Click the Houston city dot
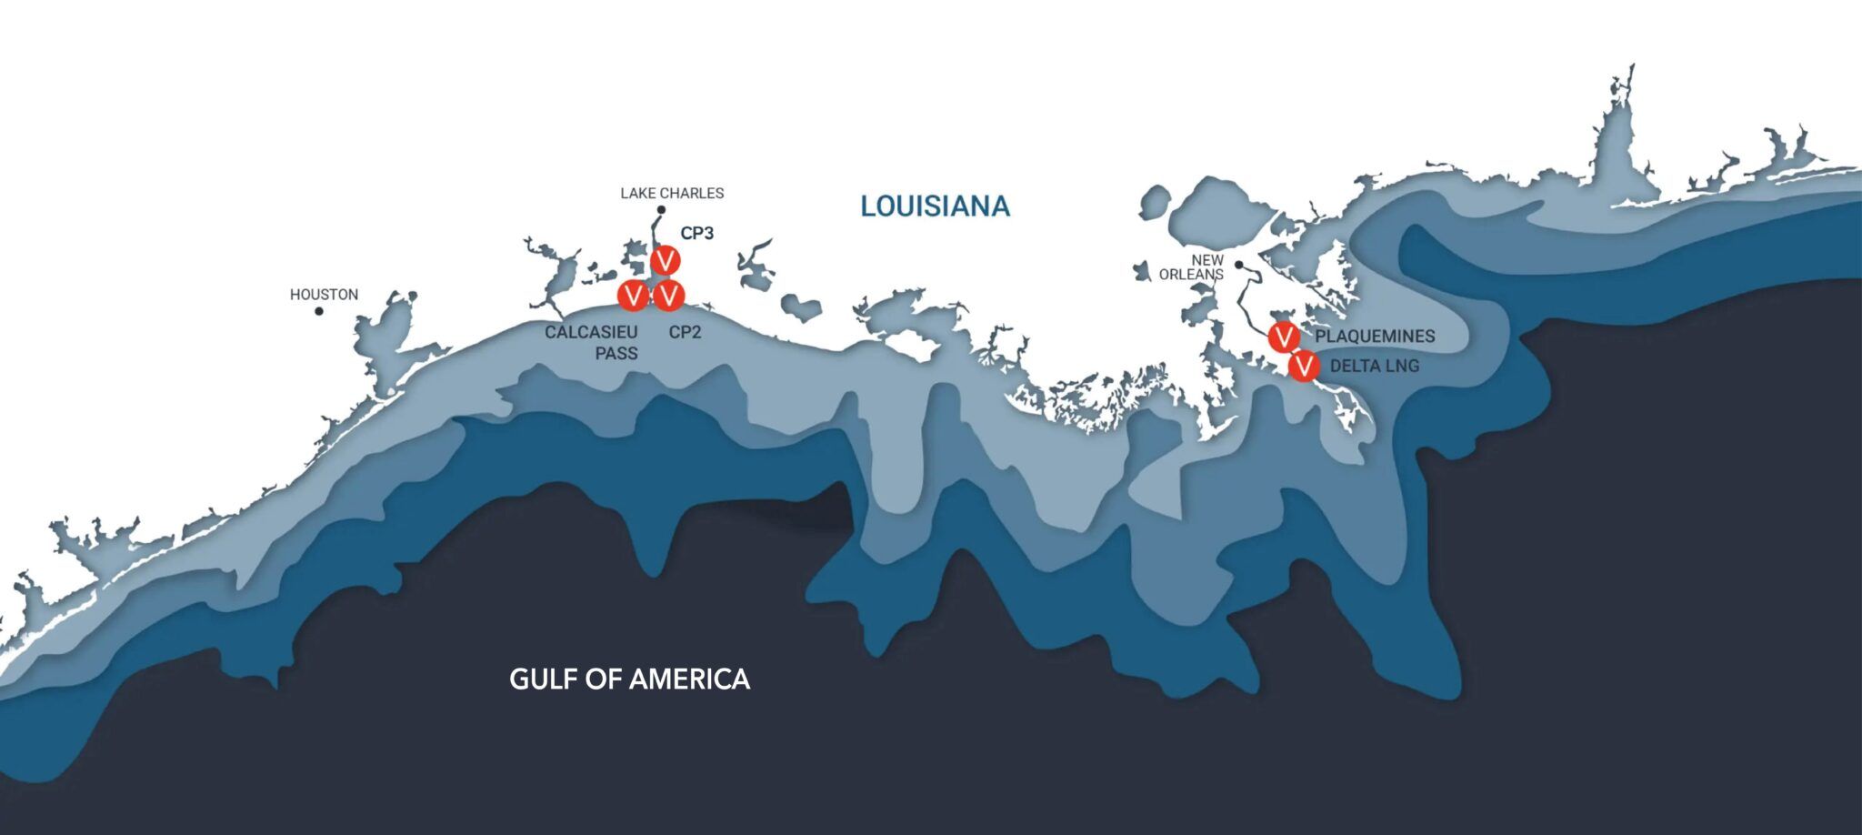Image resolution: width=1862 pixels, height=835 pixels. (x=319, y=311)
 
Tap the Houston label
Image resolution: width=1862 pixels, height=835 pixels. (x=324, y=295)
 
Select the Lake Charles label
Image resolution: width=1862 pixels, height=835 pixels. (x=672, y=193)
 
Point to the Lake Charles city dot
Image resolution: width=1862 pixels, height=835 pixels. (x=661, y=210)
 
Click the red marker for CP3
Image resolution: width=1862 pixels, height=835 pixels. (x=666, y=260)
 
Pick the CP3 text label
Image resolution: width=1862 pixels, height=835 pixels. (x=697, y=233)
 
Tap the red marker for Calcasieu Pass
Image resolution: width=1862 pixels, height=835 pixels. (x=633, y=295)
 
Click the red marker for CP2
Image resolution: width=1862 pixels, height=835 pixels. (x=669, y=295)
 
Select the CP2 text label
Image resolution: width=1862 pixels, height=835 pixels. (x=685, y=332)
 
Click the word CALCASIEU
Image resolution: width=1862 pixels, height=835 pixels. (x=591, y=332)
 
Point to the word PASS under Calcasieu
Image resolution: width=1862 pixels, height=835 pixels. (x=616, y=353)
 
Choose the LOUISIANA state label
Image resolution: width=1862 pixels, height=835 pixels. (x=935, y=206)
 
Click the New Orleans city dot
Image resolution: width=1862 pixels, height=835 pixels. (x=1238, y=265)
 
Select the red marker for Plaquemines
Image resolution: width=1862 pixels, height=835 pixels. (x=1284, y=337)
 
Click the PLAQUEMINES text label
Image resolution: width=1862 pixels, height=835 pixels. (x=1375, y=337)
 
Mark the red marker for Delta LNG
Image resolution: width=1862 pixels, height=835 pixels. (x=1304, y=367)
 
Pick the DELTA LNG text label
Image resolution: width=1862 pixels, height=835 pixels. (x=1374, y=367)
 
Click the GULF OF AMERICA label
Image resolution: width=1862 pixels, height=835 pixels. (x=629, y=679)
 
